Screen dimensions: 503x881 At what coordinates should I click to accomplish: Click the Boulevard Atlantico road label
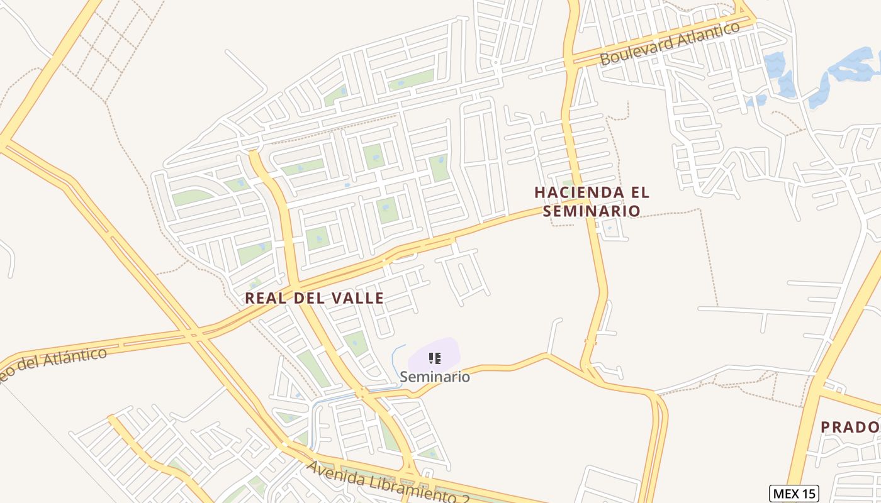click(x=670, y=43)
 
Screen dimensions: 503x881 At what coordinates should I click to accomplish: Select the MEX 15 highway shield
click(x=794, y=494)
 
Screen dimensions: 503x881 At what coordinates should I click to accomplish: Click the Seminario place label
click(x=435, y=377)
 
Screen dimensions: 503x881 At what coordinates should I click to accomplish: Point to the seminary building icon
click(x=434, y=358)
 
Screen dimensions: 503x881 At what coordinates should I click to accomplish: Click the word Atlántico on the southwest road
click(x=69, y=358)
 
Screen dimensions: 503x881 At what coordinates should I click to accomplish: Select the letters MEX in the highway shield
click(x=785, y=494)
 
